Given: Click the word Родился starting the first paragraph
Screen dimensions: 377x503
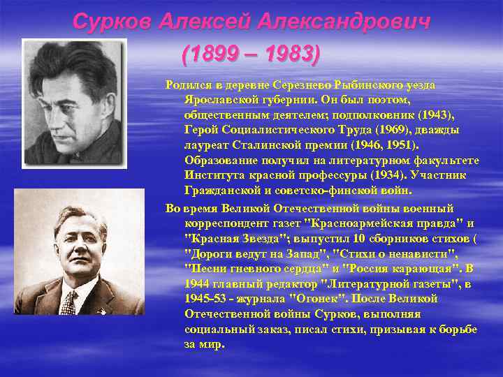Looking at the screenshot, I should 188,84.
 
